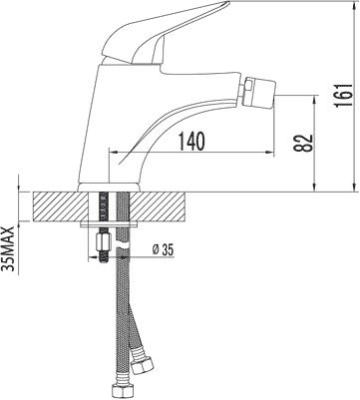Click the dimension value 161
(x=343, y=95)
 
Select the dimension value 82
(x=303, y=143)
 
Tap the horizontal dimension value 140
(x=191, y=141)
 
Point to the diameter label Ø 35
(x=163, y=250)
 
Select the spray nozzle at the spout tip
(x=259, y=92)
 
